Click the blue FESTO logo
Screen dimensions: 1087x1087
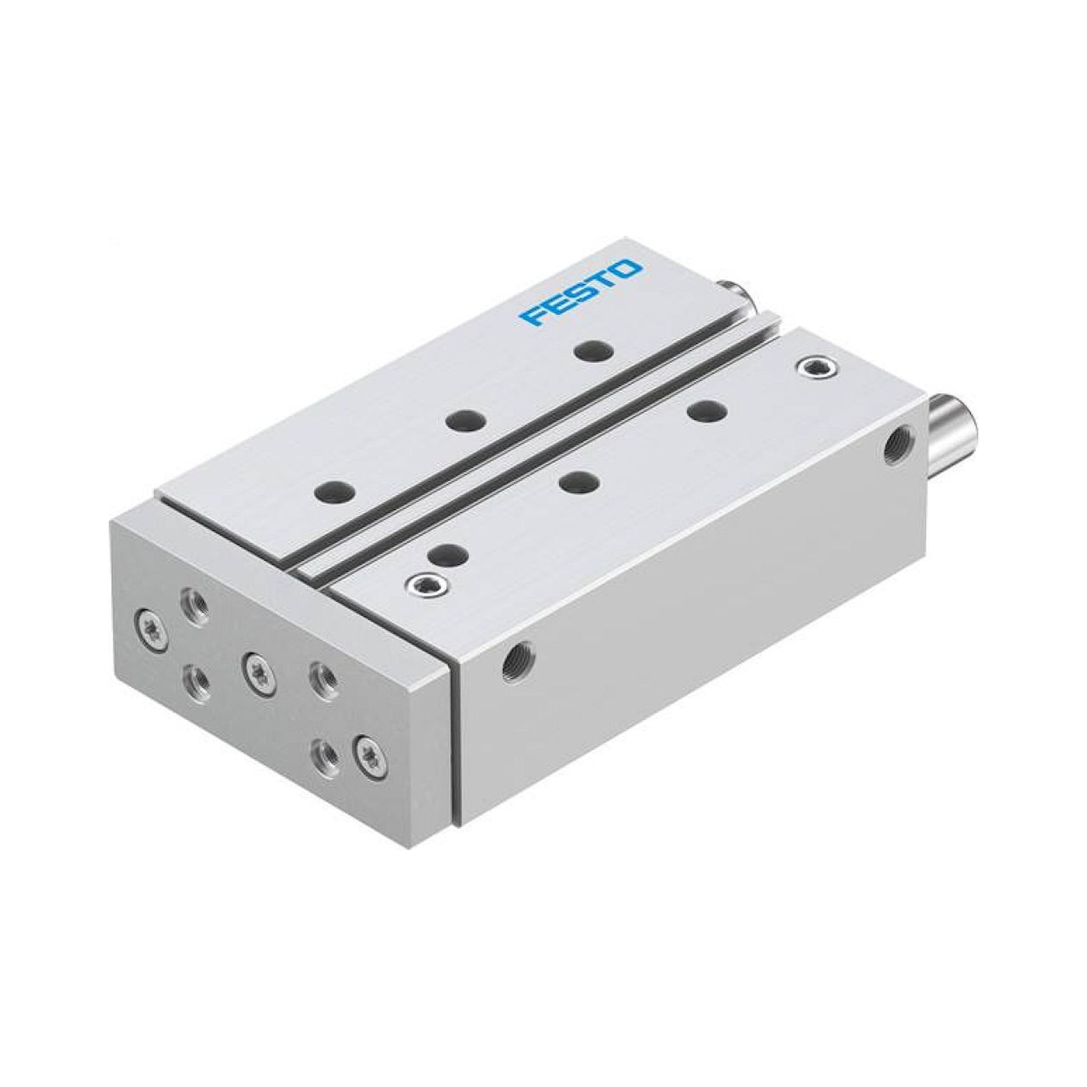click(580, 292)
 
